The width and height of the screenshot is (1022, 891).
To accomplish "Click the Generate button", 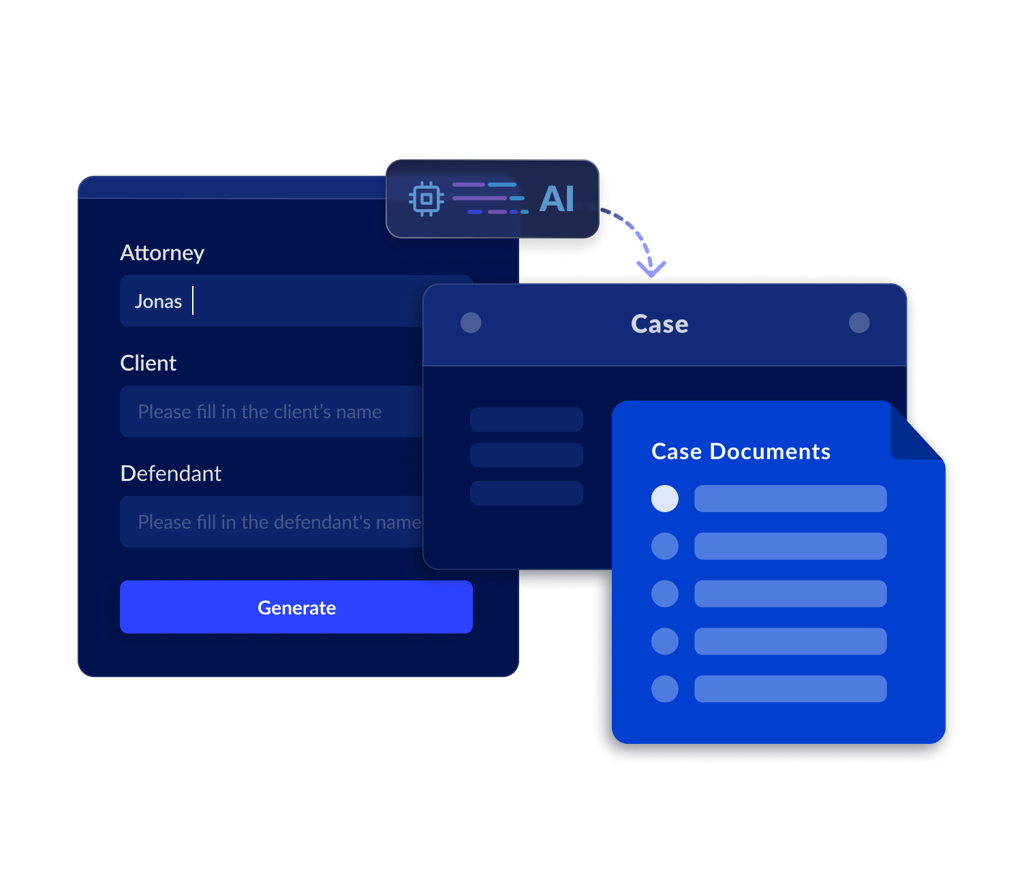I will coord(296,607).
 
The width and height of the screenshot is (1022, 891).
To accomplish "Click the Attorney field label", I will coord(162,253).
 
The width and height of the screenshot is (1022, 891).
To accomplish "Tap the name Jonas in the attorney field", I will coord(158,301).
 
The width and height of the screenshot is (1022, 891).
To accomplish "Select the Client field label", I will coord(148,363).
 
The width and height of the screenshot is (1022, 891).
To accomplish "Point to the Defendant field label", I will coord(170,473).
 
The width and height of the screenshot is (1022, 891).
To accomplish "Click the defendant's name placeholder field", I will coord(273,522).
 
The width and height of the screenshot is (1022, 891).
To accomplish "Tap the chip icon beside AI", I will coord(427,199).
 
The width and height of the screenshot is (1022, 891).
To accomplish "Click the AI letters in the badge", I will coord(557,199).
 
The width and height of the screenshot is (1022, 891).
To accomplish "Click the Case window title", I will coord(660,324).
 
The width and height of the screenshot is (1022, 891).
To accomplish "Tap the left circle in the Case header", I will coord(471,323).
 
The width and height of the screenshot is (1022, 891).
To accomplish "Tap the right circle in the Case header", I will coord(859,323).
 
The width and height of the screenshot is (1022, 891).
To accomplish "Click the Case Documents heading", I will coord(741,452).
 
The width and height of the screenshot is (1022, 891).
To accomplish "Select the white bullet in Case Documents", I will coord(665,499).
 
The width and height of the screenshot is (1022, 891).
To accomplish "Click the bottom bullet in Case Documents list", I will coord(665,689).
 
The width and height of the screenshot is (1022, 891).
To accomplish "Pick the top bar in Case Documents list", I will coord(790,499).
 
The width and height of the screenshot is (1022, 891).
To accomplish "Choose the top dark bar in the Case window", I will coord(527,420).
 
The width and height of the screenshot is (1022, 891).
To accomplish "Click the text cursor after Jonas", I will coord(193,300).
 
